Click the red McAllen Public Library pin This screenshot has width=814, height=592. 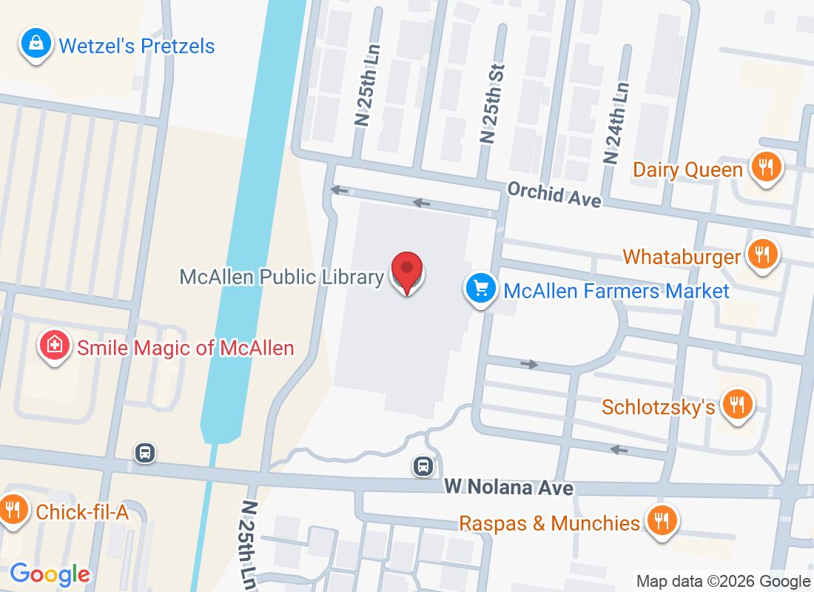tap(406, 272)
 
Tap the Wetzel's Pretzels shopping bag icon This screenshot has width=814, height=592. tap(36, 44)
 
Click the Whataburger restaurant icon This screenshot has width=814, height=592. tap(761, 255)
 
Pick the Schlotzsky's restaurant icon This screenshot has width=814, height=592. tap(737, 405)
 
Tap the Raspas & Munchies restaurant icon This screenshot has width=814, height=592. tap(660, 522)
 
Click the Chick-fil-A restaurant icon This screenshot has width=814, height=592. tap(13, 510)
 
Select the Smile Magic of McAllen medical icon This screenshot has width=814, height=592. tap(54, 346)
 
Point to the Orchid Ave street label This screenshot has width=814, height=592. tap(554, 195)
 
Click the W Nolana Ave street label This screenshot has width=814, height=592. tap(508, 487)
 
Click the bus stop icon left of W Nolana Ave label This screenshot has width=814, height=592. tap(423, 465)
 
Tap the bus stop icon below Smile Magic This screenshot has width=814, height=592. tap(145, 451)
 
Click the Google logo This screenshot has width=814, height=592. tap(50, 573)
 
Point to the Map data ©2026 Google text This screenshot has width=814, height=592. tap(723, 582)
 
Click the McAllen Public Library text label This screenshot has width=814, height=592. tap(281, 277)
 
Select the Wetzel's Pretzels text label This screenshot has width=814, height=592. tap(137, 46)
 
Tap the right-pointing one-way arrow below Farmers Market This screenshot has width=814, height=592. tap(529, 364)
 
